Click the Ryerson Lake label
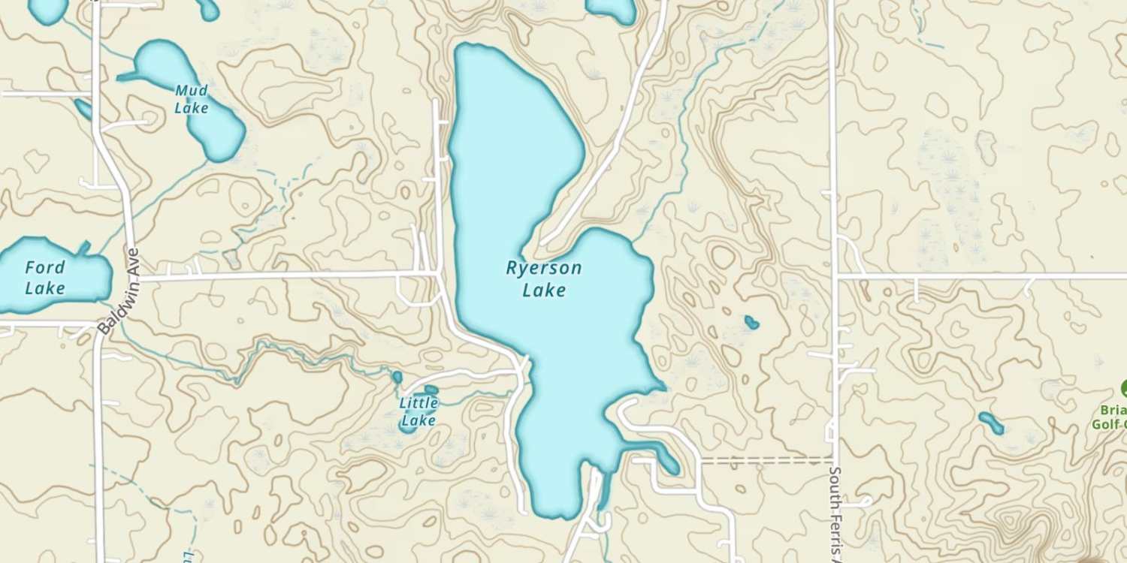click(x=544, y=278)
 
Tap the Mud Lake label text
click(x=191, y=99)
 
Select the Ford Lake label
click(x=45, y=277)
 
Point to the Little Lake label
click(x=418, y=411)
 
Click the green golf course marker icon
click(x=1125, y=389)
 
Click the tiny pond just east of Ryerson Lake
click(x=751, y=323)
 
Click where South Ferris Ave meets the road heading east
click(x=835, y=275)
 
